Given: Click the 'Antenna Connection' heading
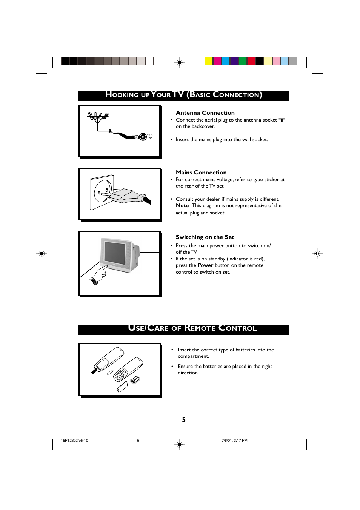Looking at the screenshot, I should pos(205,113).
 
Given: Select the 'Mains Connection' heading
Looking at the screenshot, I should pos(201,173).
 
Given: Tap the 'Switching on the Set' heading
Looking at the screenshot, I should pos(205,237).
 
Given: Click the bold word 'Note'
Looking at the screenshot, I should pos(182,206).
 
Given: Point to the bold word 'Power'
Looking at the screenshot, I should pos(205,265).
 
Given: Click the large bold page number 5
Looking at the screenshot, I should pos(184,420).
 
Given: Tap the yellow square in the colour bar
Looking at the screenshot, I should pos(209,61).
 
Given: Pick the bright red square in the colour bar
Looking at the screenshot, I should pos(251,61).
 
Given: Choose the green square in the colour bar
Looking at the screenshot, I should pos(243,61).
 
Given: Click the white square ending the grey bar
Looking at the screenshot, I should pos(149,61).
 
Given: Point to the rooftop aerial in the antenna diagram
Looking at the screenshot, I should pos(98,117).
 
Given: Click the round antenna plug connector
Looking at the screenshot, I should pos(143,137).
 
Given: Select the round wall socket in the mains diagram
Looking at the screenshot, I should pos(103,191).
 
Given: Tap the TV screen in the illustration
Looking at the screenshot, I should pos(115,254).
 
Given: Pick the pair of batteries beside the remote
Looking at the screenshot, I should pos(135,379).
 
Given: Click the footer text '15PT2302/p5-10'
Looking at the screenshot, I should pos(74,441).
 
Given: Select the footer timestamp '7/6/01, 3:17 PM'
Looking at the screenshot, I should pos(234,441).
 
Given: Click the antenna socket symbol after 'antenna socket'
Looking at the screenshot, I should pos(282,120).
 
